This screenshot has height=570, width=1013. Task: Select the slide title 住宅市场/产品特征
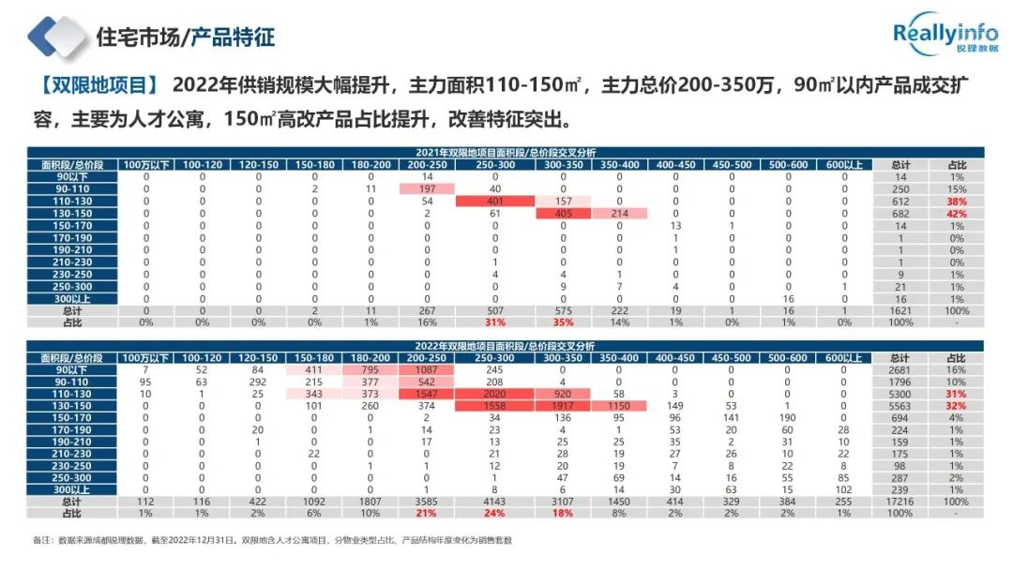(186, 37)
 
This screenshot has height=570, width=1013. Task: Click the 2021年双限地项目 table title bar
(506, 152)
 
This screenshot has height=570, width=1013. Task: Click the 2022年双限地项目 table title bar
(506, 346)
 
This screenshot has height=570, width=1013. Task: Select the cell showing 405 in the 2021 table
(563, 213)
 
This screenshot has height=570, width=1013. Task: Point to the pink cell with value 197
(427, 188)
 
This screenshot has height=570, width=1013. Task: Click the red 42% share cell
(957, 213)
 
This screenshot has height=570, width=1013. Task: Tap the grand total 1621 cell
(900, 310)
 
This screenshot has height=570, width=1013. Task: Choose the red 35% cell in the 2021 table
(563, 322)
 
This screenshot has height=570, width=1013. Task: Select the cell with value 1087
(427, 370)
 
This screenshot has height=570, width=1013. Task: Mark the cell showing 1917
(563, 407)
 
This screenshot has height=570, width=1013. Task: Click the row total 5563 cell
(900, 407)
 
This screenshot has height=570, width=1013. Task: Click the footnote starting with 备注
(272, 541)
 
